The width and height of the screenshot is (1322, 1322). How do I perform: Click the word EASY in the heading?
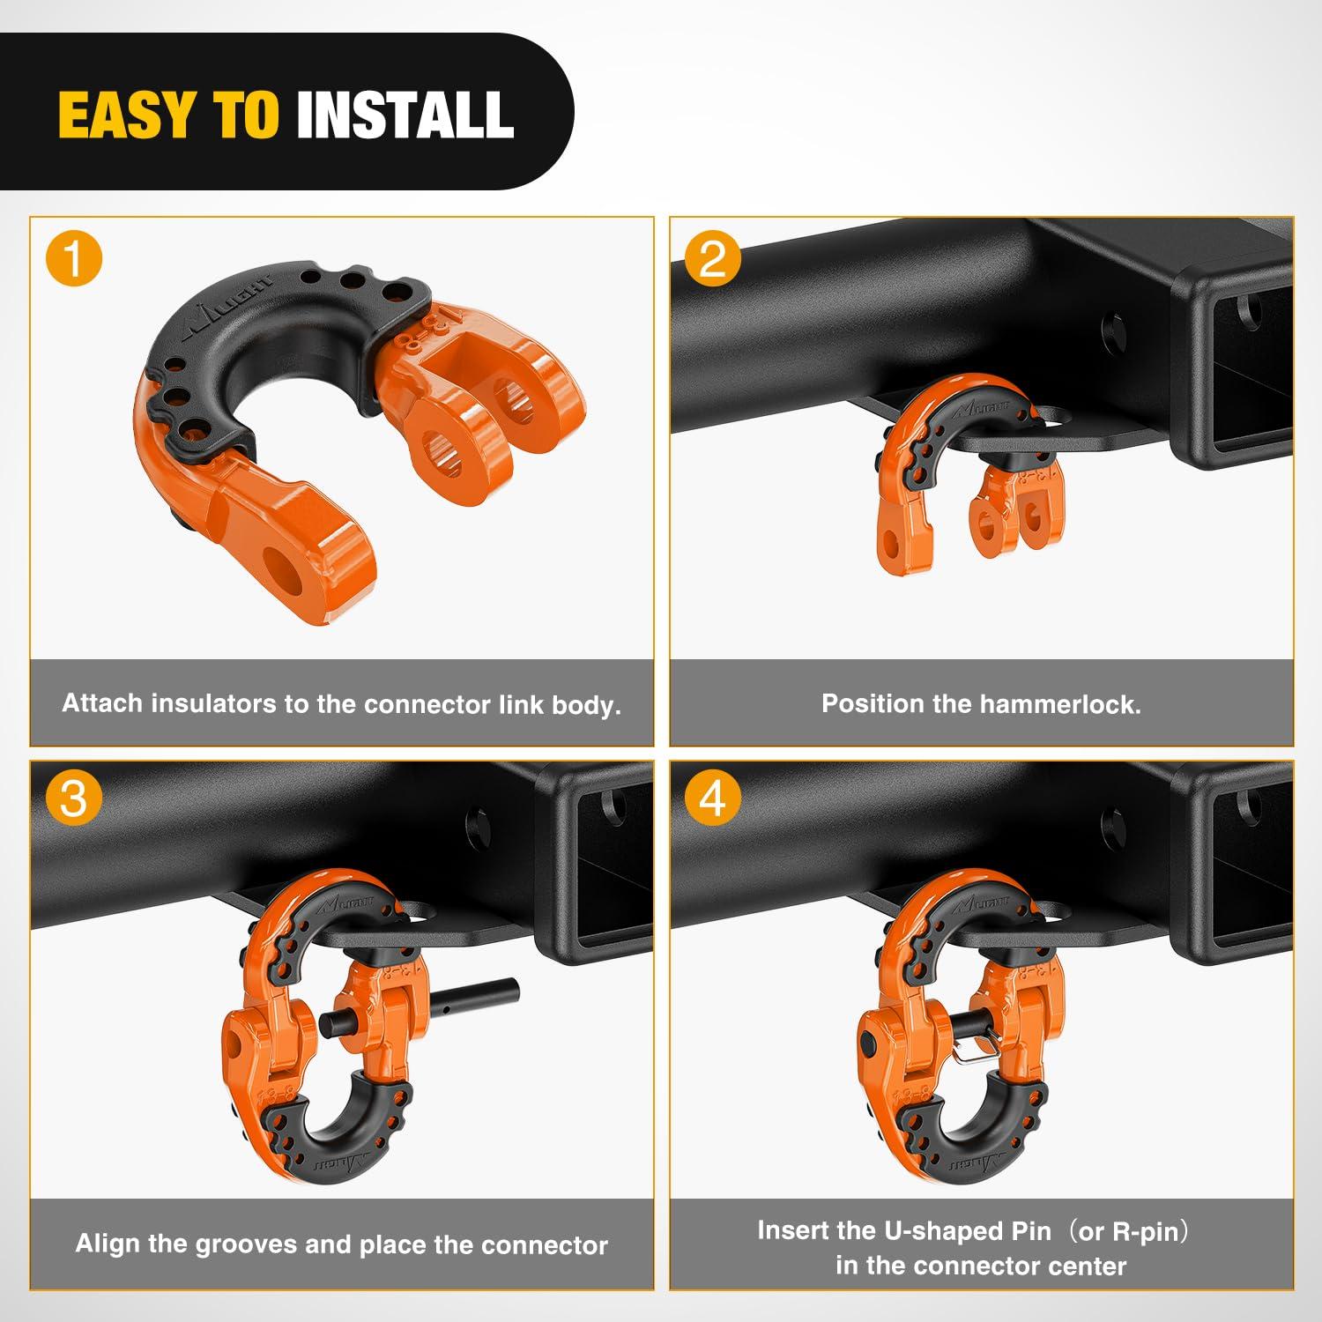click(x=123, y=115)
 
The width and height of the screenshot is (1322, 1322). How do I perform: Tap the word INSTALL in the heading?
click(x=405, y=115)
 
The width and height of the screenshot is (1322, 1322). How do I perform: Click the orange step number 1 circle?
click(x=74, y=260)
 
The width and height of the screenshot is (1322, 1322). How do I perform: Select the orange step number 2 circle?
click(x=712, y=260)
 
